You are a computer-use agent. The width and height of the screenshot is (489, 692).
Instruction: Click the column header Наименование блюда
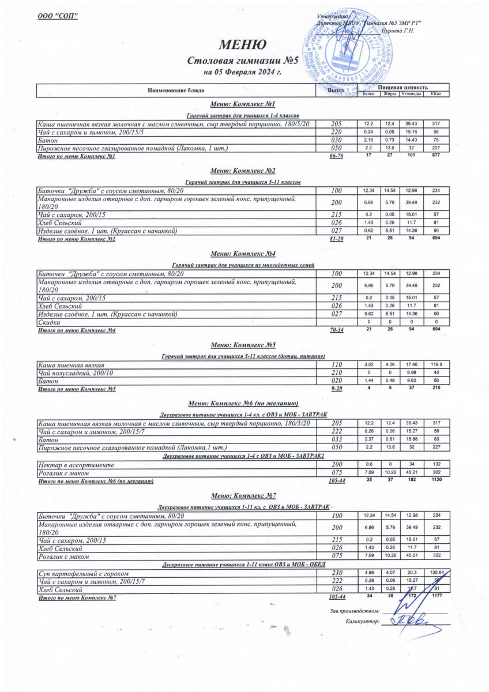coord(176,91)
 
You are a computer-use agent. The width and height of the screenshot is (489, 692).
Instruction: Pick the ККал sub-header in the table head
coord(436,93)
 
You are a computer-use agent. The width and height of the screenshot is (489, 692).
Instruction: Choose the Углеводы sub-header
coord(411,93)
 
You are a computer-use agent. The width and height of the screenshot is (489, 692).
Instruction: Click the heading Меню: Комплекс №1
coord(242,104)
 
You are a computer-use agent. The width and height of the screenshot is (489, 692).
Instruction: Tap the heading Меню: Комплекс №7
coord(243,495)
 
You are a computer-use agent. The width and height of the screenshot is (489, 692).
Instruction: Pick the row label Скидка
coord(49,322)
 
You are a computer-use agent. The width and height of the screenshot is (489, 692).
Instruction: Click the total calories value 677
coord(437,156)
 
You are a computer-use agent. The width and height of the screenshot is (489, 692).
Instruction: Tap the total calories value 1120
coord(437,480)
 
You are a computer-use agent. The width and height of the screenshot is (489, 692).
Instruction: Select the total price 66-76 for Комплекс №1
coord(336,157)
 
